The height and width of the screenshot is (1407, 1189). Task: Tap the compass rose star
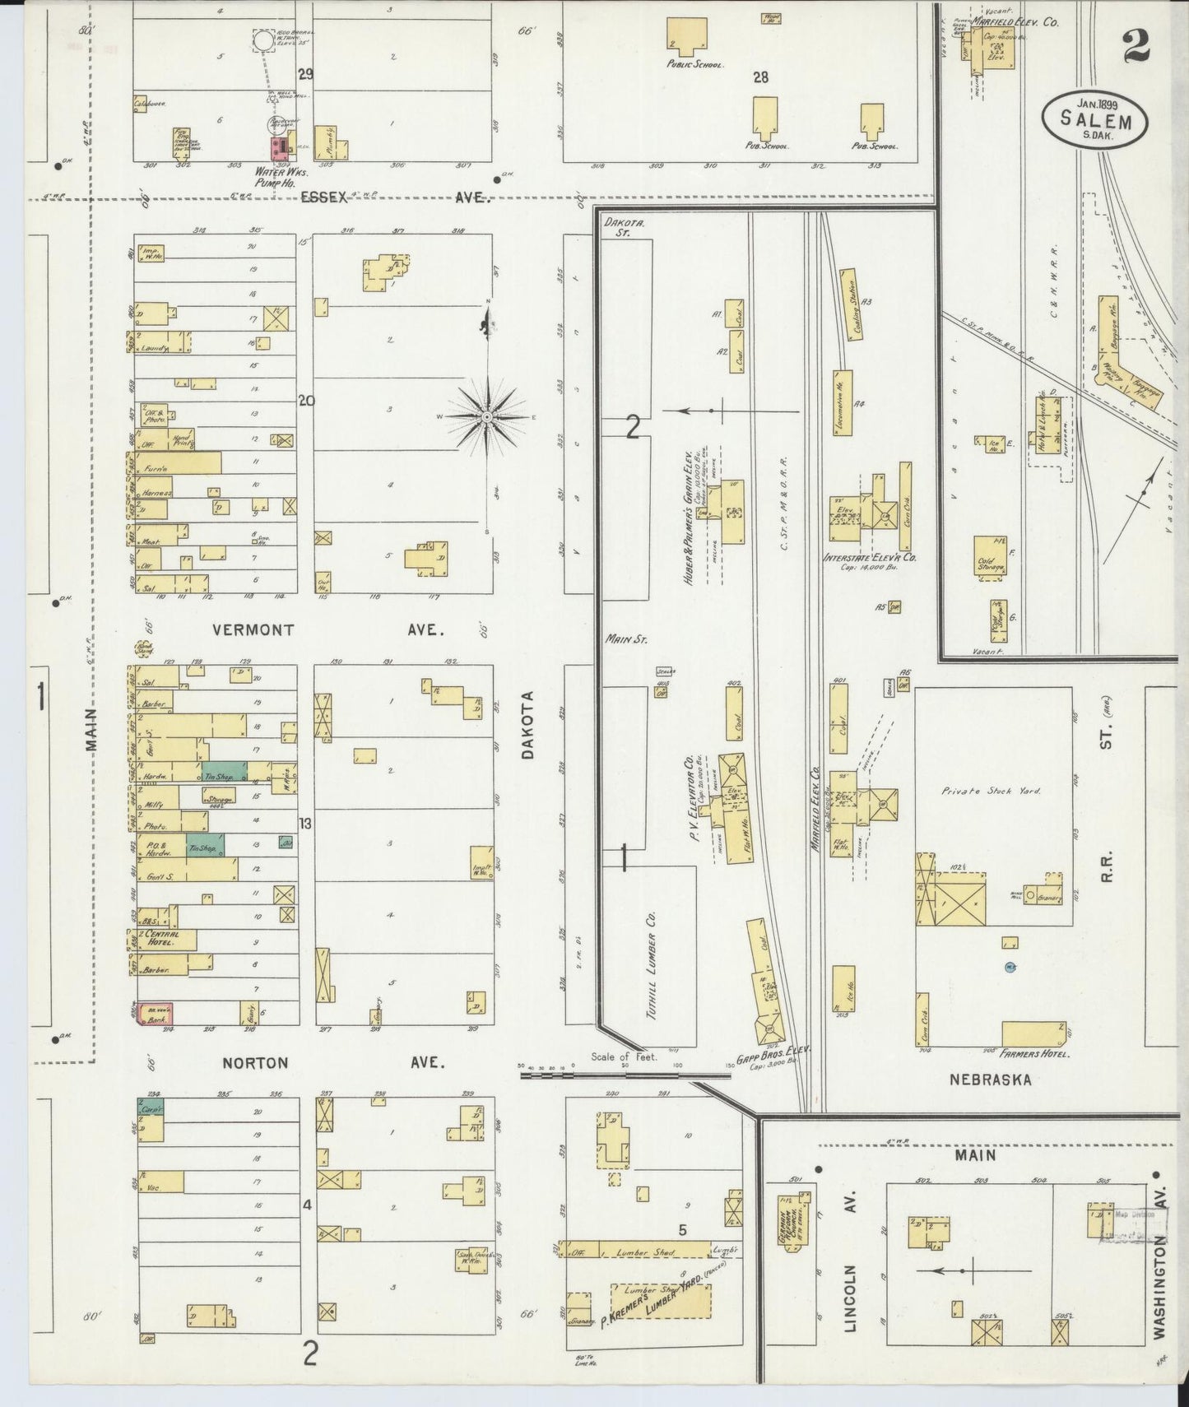click(487, 417)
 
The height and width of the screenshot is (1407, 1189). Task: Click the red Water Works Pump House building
click(281, 149)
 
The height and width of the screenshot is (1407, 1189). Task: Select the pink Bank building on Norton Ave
click(155, 1014)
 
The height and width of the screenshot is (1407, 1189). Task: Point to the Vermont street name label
click(253, 630)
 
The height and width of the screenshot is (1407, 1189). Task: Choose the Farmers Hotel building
click(1033, 1033)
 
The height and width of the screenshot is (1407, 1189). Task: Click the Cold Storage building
click(989, 558)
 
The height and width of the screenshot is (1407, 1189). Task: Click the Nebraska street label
click(990, 1080)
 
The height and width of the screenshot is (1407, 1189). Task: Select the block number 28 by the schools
click(760, 77)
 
